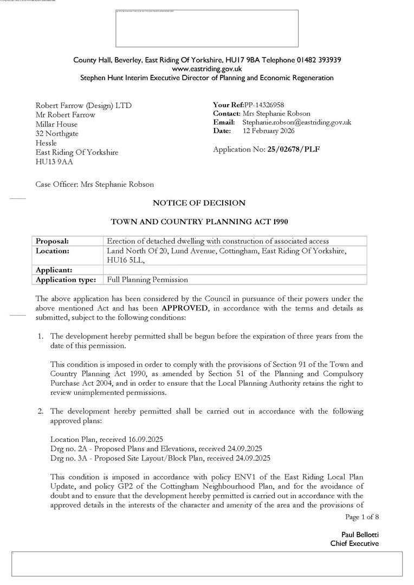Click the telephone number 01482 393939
(x=319, y=60)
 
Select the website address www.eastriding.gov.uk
(x=207, y=69)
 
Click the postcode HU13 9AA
(x=54, y=161)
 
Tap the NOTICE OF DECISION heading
(x=199, y=203)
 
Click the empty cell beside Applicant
(x=235, y=270)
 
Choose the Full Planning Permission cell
(x=147, y=279)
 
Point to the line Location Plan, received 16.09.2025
(x=106, y=439)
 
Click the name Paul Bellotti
(x=360, y=535)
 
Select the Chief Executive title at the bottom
(x=354, y=543)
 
